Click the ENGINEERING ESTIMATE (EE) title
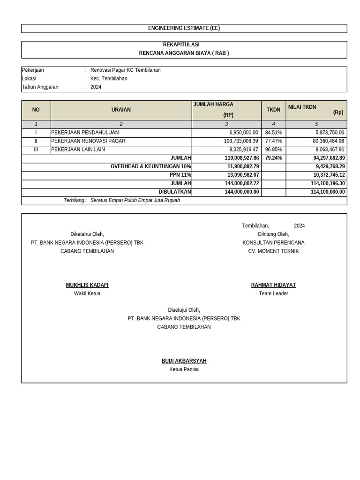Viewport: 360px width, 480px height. point(184,28)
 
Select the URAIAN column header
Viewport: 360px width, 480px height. point(121,110)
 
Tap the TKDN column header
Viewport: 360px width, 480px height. point(273,110)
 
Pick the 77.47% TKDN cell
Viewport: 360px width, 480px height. point(273,141)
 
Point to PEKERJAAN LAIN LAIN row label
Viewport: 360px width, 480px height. point(78,150)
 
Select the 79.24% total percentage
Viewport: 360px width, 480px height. point(273,158)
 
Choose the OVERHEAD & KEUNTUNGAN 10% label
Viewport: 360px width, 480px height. point(150,166)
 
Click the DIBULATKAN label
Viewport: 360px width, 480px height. point(175,192)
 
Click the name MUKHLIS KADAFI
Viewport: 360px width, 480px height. point(87,285)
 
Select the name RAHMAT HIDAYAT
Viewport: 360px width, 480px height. point(273,285)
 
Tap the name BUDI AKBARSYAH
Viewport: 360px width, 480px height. point(184,361)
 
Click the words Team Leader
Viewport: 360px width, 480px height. point(273,293)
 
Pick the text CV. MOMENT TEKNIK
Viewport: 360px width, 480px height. point(273,251)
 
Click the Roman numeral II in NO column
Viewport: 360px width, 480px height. point(36,141)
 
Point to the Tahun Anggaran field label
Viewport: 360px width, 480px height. point(40,87)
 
